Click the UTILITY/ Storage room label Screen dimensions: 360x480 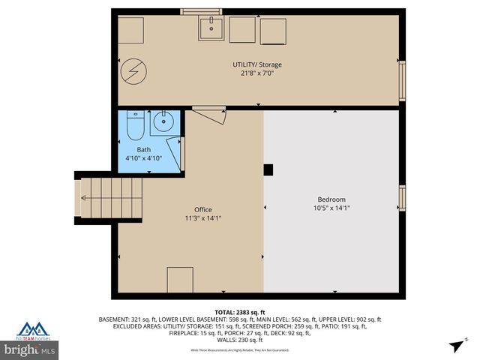[x=256, y=64]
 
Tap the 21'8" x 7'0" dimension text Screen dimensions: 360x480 [x=256, y=73]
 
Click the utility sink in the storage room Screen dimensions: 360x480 [x=211, y=28]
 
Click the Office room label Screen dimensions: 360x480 [x=202, y=209]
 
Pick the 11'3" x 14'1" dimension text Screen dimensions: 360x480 [x=202, y=218]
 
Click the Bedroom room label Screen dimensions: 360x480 [x=331, y=199]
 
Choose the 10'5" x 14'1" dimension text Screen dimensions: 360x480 [x=331, y=208]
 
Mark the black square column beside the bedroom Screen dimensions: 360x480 [x=268, y=170]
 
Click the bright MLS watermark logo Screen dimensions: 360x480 [x=30, y=350]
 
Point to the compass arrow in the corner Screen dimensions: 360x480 [x=455, y=345]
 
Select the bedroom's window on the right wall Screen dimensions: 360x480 [x=403, y=197]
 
